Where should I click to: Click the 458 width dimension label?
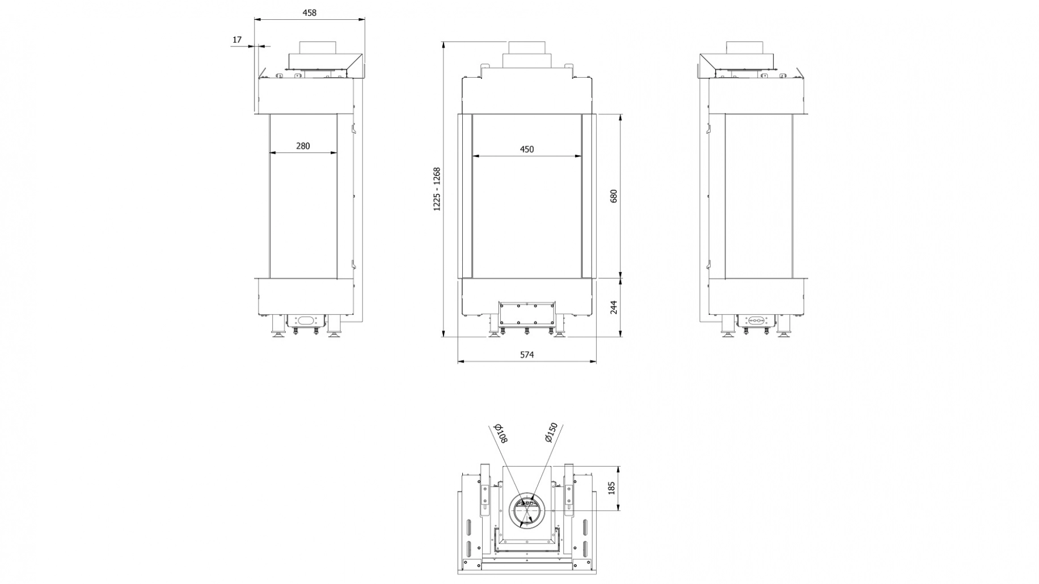(309, 12)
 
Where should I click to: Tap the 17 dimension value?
(237, 40)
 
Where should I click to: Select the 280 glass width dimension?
(303, 146)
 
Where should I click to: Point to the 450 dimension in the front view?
(526, 149)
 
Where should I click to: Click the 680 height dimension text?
(613, 196)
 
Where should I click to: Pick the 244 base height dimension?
(613, 307)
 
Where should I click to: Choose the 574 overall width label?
(527, 355)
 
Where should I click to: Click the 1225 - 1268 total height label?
(437, 189)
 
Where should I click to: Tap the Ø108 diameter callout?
(501, 433)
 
